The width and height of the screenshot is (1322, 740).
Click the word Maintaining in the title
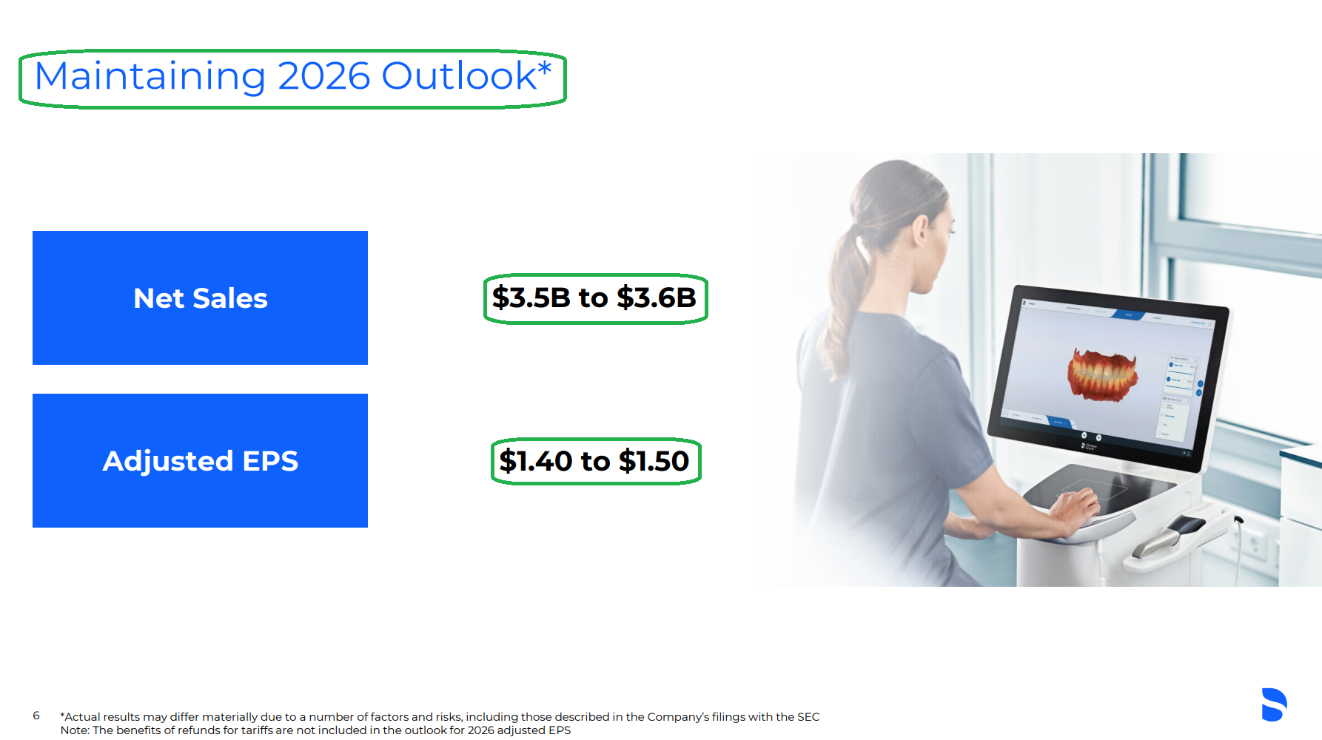point(150,76)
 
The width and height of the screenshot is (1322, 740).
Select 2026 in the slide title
point(324,76)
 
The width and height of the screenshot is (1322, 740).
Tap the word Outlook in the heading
point(459,75)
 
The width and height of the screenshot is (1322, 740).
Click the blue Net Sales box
point(200,297)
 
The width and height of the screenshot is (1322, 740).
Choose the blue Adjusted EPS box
point(200,460)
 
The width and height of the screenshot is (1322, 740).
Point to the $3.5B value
point(531,297)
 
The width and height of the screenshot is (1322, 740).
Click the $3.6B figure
point(657,297)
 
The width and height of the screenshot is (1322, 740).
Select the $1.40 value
point(536,461)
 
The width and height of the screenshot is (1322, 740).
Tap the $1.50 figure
point(654,461)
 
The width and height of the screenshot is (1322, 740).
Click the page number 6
point(36,716)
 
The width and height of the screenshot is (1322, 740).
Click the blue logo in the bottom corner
point(1274,704)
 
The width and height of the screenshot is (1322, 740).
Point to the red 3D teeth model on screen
point(1102,375)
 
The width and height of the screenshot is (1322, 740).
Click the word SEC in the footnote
point(808,716)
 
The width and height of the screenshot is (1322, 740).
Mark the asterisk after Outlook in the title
point(545,67)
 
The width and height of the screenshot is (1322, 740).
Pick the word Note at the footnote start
point(74,730)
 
